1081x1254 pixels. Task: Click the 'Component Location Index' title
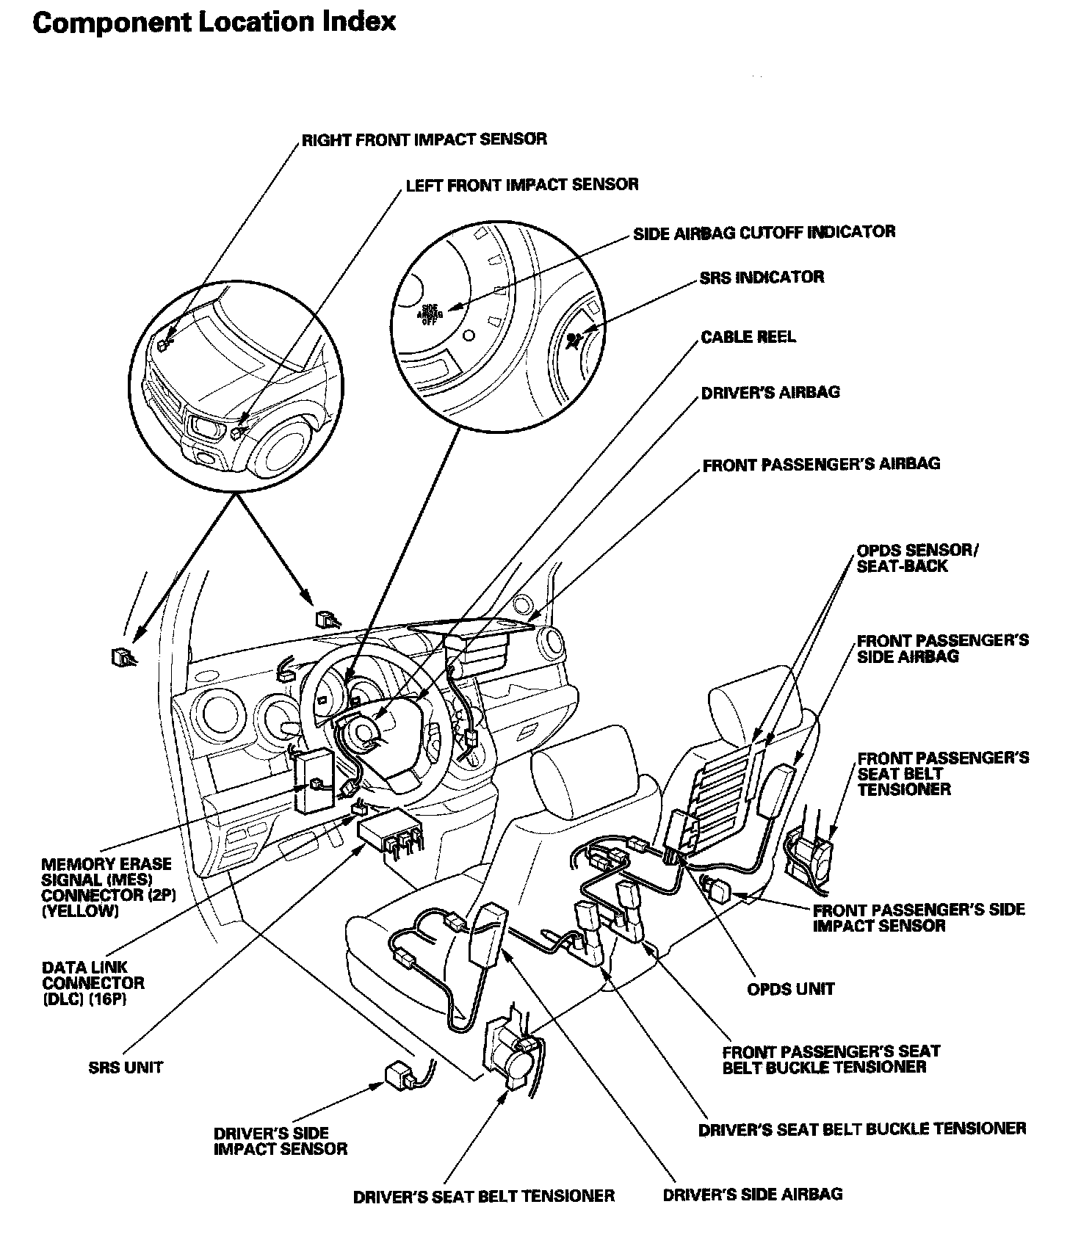[214, 22]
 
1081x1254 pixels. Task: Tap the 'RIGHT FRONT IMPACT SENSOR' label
[424, 139]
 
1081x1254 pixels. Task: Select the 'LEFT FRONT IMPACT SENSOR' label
[521, 184]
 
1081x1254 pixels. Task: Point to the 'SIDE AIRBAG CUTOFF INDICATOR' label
[764, 233]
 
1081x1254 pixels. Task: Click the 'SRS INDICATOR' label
[761, 278]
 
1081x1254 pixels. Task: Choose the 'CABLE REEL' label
[748, 337]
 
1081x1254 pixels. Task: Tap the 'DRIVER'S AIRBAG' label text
[770, 392]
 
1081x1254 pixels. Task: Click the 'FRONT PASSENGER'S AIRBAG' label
[820, 464]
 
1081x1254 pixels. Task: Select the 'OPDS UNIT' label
[790, 989]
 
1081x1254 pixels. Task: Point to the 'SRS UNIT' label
[126, 1068]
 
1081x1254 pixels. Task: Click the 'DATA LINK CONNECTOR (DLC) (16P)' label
[93, 983]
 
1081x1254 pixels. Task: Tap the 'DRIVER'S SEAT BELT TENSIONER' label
[483, 1196]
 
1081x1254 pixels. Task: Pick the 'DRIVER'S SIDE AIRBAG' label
[752, 1194]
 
